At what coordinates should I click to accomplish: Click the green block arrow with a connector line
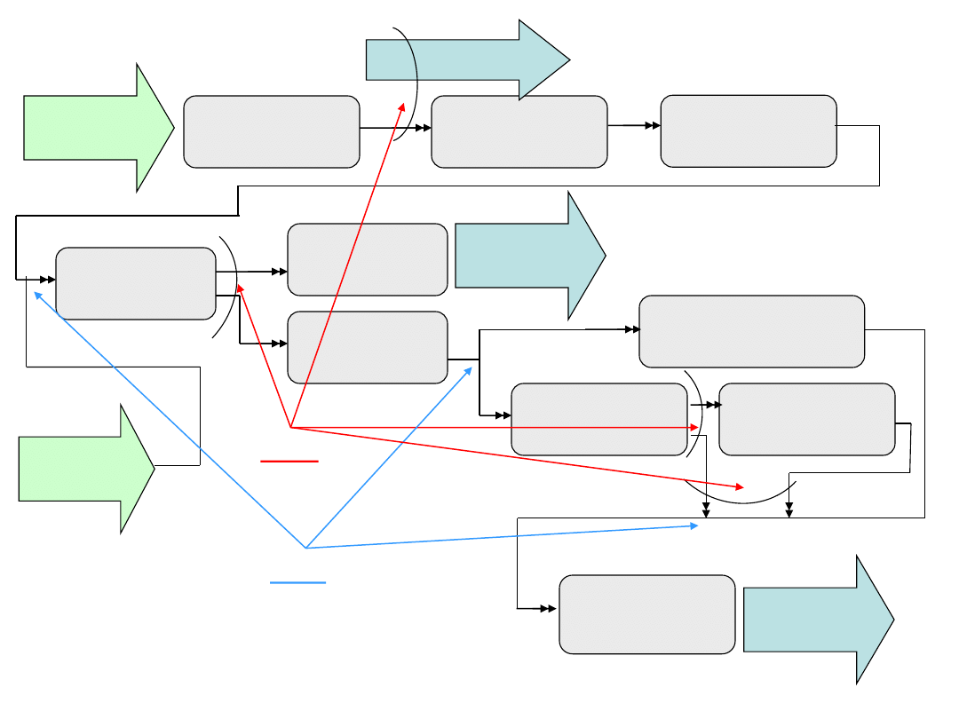pyautogui.click(x=84, y=469)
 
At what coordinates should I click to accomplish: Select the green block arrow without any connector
pyautogui.click(x=96, y=128)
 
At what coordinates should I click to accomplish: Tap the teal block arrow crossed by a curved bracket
pyautogui.click(x=466, y=59)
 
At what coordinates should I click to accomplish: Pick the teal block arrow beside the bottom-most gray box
pyautogui.click(x=817, y=620)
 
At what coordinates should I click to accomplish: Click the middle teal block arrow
pyautogui.click(x=529, y=256)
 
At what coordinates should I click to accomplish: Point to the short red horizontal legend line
pyautogui.click(x=289, y=462)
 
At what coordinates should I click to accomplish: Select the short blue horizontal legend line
pyautogui.click(x=298, y=583)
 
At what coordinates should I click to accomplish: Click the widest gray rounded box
pyautogui.click(x=752, y=331)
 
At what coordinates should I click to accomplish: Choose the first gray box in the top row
pyautogui.click(x=272, y=131)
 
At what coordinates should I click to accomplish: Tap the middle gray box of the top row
pyautogui.click(x=519, y=131)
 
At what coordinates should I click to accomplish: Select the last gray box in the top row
pyautogui.click(x=749, y=130)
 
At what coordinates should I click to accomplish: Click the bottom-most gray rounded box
pyautogui.click(x=647, y=614)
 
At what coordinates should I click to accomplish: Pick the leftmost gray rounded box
pyautogui.click(x=136, y=283)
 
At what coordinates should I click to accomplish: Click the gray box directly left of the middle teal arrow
pyautogui.click(x=368, y=259)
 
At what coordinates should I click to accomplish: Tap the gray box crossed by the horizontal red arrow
pyautogui.click(x=599, y=420)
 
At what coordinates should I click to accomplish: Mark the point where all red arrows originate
pyautogui.click(x=291, y=428)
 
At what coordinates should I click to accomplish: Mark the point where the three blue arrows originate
pyautogui.click(x=305, y=548)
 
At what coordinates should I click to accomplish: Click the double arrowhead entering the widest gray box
pyautogui.click(x=633, y=329)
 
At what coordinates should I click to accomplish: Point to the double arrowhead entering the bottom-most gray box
pyautogui.click(x=551, y=609)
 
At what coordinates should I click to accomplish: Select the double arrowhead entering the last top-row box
pyautogui.click(x=654, y=126)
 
